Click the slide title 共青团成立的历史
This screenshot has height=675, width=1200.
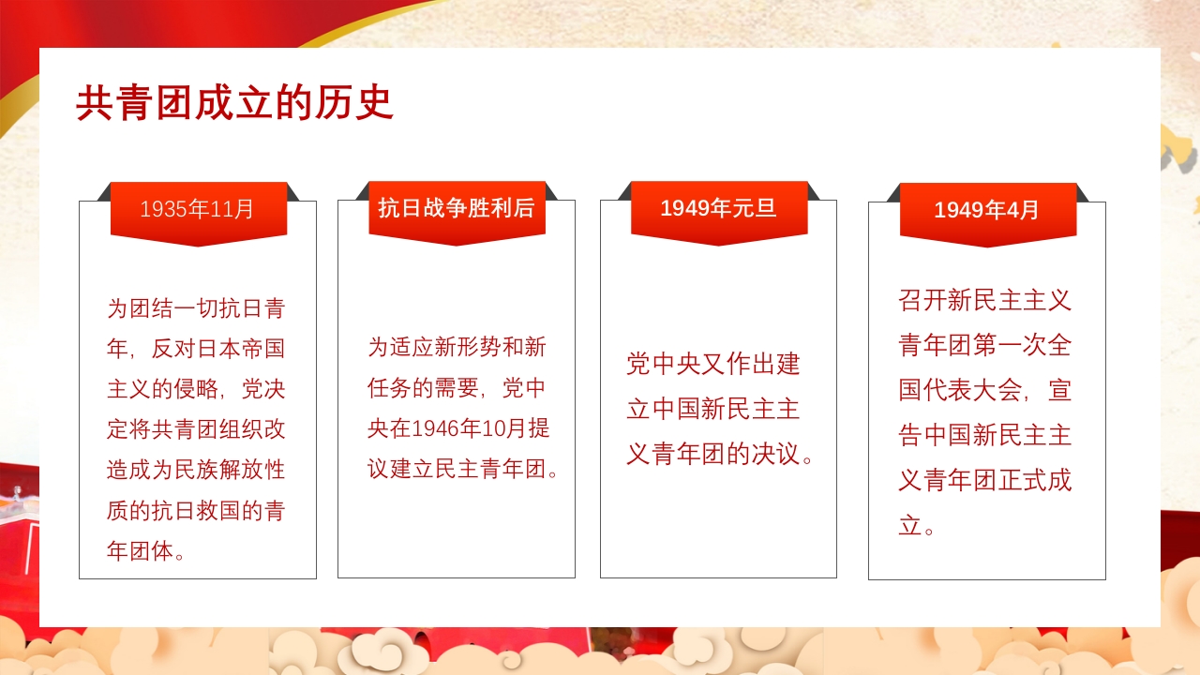click(x=234, y=103)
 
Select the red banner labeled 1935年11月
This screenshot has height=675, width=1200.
click(x=198, y=209)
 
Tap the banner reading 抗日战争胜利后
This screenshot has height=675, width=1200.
click(x=457, y=208)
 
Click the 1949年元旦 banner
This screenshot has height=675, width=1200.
click(x=718, y=208)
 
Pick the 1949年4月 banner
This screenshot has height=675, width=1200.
click(x=987, y=210)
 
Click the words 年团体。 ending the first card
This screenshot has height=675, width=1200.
click(x=146, y=551)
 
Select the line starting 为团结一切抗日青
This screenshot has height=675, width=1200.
click(x=196, y=307)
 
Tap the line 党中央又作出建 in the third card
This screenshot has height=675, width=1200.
click(x=713, y=364)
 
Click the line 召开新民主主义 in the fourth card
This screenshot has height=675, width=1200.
click(x=985, y=300)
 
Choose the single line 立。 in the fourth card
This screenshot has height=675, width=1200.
click(x=917, y=526)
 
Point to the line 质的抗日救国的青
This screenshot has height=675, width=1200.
click(x=196, y=511)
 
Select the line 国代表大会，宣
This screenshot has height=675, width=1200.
click(x=985, y=390)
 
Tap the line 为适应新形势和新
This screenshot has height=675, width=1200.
click(x=457, y=347)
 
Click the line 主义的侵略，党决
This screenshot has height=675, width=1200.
click(x=196, y=388)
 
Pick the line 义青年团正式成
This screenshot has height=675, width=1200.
click(x=985, y=481)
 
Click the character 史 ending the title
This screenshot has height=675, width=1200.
click(x=375, y=103)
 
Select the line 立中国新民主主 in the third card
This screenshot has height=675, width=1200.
click(x=713, y=409)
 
